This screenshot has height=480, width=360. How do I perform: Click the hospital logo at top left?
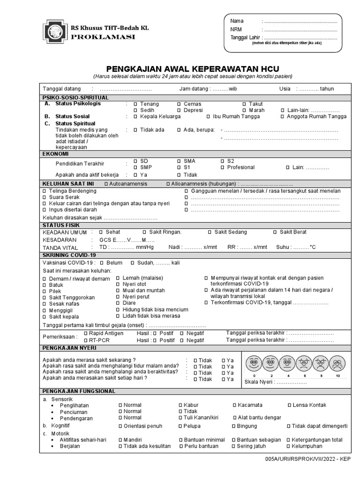point(55,31)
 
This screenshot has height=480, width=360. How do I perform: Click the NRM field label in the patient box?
point(236,30)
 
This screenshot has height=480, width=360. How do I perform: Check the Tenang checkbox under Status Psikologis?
point(135,104)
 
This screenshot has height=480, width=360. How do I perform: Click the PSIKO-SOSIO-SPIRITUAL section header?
point(75,97)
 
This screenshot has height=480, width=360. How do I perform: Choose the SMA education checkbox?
point(179,161)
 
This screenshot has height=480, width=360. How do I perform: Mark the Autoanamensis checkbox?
point(106,184)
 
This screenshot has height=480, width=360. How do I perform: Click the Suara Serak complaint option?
point(45,197)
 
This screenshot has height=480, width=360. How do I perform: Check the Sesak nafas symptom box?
point(45,304)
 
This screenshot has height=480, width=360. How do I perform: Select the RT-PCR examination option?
point(85,340)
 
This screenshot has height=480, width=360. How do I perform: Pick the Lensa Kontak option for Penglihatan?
point(289,405)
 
